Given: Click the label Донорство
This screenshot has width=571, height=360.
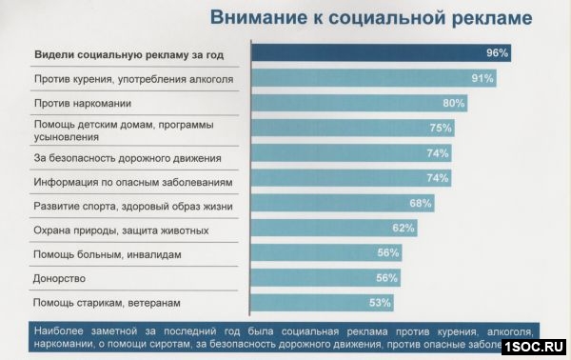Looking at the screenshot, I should (60, 278).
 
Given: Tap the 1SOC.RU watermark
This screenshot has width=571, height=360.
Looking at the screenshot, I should (535, 346).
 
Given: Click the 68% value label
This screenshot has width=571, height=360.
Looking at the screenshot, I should (421, 203).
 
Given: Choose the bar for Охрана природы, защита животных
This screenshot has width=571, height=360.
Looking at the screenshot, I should (324, 229).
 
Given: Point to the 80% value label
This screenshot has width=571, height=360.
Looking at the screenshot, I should (454, 103).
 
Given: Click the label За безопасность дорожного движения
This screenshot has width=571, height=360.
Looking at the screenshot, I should (128, 156).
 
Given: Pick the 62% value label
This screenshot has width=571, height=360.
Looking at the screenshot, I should (404, 229).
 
